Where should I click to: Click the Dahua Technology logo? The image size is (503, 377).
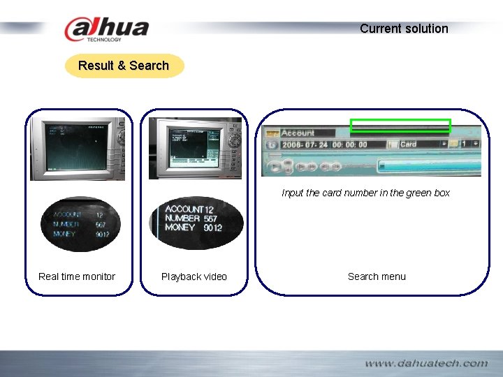click(x=106, y=29)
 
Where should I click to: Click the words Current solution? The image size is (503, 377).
click(x=404, y=29)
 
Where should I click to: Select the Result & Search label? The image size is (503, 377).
click(x=124, y=66)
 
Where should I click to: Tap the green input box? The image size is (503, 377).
click(x=400, y=126)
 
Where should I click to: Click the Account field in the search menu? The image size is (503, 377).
click(x=298, y=133)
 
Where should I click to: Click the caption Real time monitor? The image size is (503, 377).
click(x=77, y=276)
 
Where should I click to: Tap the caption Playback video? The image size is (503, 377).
click(x=194, y=277)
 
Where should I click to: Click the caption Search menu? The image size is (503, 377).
click(x=377, y=276)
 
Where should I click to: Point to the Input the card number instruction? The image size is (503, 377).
click(x=365, y=193)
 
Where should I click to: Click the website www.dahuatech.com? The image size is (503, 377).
click(x=426, y=363)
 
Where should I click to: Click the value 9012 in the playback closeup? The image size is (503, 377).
click(x=212, y=228)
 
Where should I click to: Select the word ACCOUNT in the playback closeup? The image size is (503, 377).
click(x=184, y=209)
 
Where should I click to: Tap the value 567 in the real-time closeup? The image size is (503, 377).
click(x=101, y=225)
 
